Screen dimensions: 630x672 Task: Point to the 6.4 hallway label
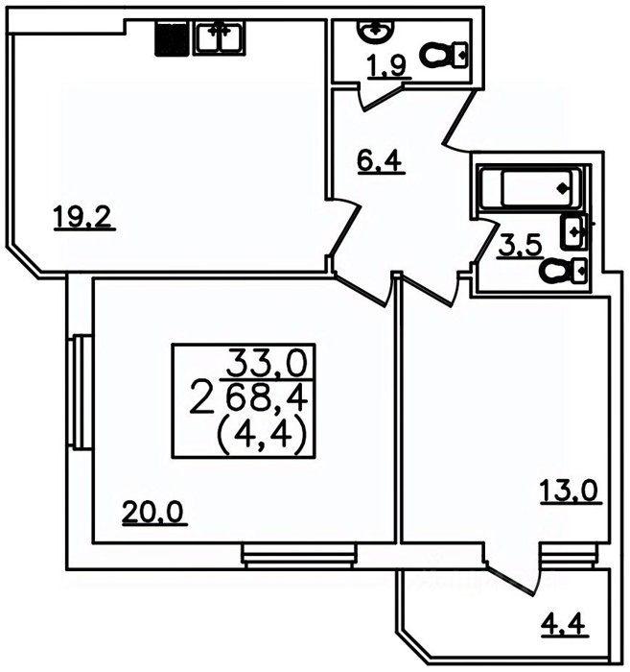tap(379, 161)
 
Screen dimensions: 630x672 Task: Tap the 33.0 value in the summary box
tap(268, 363)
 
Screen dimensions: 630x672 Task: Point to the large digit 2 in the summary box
tap(202, 397)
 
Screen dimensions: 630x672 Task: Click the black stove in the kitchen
tap(172, 39)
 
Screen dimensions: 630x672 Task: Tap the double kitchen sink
tap(220, 39)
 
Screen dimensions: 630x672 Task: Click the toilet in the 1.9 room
tap(443, 55)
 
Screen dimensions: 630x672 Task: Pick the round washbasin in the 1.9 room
tap(375, 31)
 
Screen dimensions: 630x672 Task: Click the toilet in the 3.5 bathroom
tap(563, 271)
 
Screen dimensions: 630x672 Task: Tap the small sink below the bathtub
tap(574, 232)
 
